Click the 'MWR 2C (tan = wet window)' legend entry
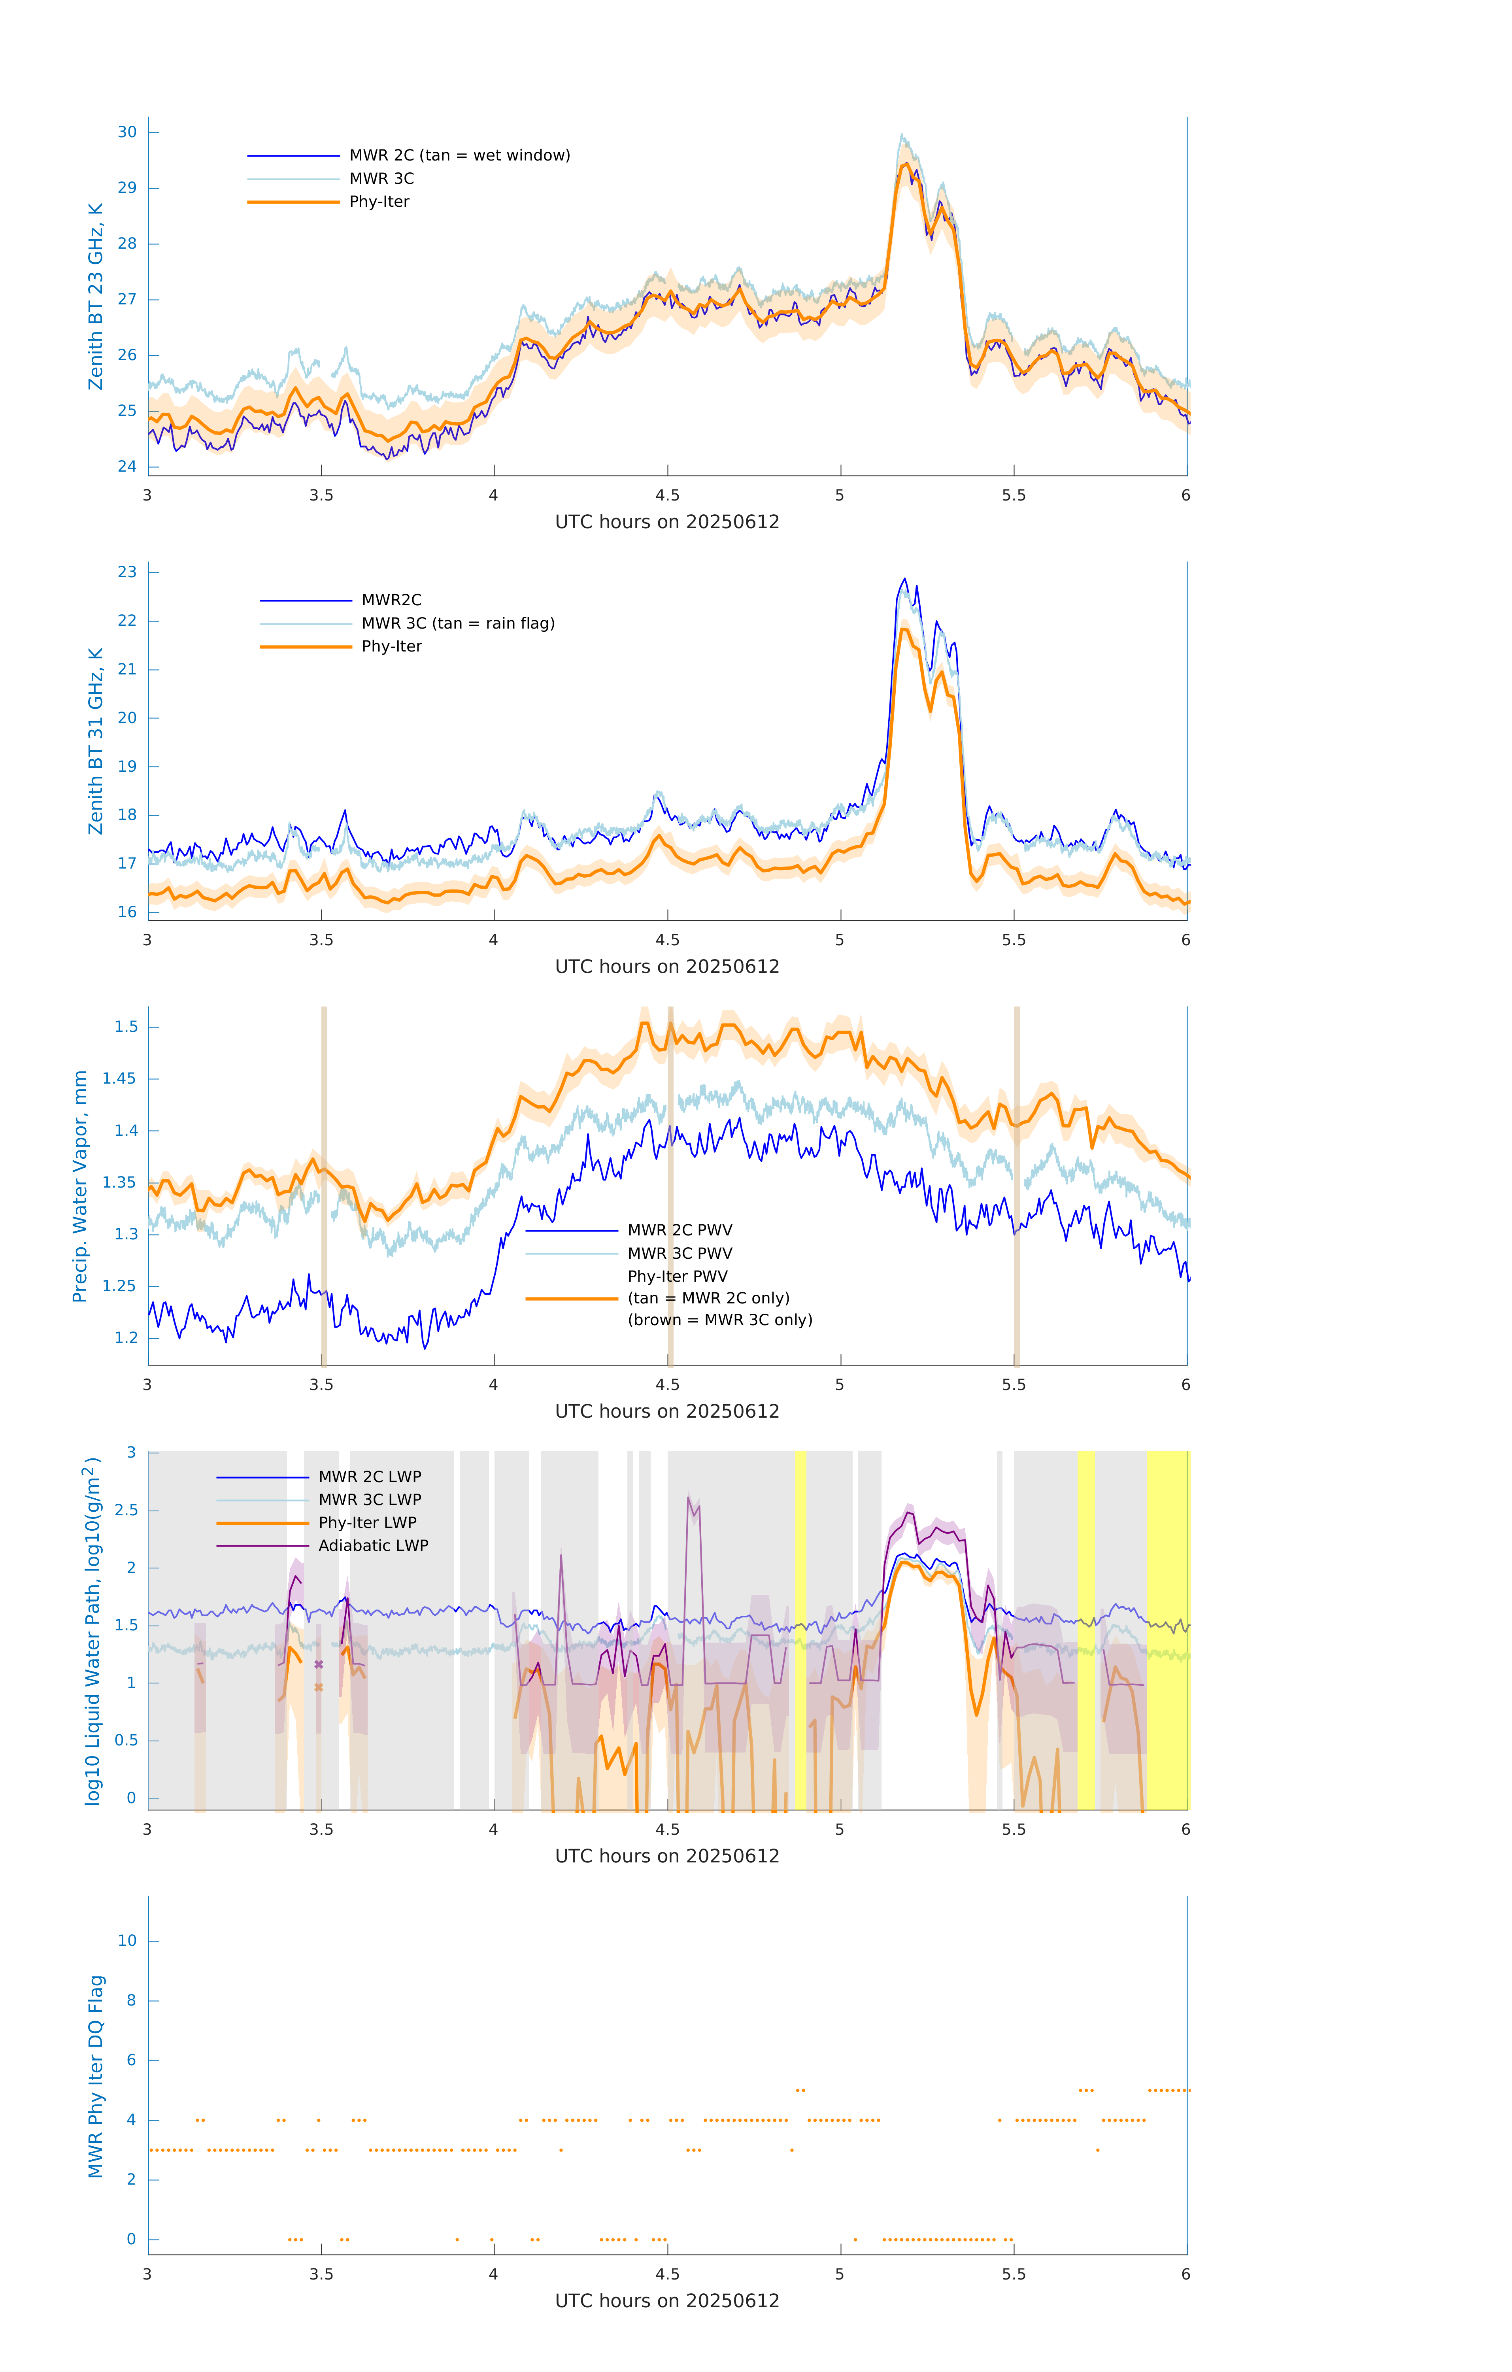pyautogui.click(x=459, y=156)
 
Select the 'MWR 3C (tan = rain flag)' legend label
pyautogui.click(x=458, y=623)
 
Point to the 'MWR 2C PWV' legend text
pyautogui.click(x=680, y=1230)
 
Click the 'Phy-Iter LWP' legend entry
pyautogui.click(x=367, y=1523)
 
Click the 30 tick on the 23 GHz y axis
pyautogui.click(x=127, y=132)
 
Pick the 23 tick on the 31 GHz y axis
pyautogui.click(x=127, y=572)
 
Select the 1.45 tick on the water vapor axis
pyautogui.click(x=119, y=1078)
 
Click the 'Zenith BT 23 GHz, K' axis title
pyautogui.click(x=96, y=296)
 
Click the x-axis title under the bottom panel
pyautogui.click(x=667, y=2301)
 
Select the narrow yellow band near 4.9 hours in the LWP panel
pyautogui.click(x=801, y=1630)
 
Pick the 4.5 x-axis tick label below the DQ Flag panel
pyautogui.click(x=667, y=2274)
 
